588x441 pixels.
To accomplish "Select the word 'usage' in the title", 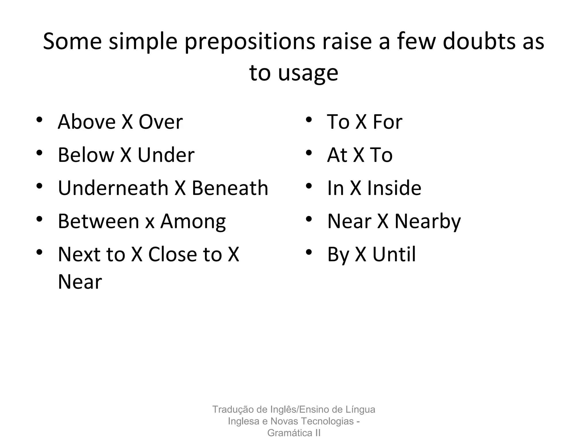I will pyautogui.click(x=308, y=73).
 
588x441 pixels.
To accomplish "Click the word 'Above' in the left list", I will pyautogui.click(x=87, y=122).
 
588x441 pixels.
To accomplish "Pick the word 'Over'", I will pyautogui.click(x=161, y=122).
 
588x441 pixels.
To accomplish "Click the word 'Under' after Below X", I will pyautogui.click(x=166, y=155).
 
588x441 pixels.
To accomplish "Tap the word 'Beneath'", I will pyautogui.click(x=230, y=188).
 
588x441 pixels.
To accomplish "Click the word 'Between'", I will pyautogui.click(x=98, y=221).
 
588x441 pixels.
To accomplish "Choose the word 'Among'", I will pyautogui.click(x=193, y=222).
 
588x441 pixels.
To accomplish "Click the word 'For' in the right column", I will pyautogui.click(x=387, y=122).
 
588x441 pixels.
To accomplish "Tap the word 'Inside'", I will pyautogui.click(x=394, y=188).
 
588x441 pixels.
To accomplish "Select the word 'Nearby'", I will pyautogui.click(x=428, y=222).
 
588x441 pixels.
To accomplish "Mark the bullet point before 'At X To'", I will pyautogui.click(x=309, y=152).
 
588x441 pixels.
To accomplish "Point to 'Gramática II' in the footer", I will pyautogui.click(x=294, y=433).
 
